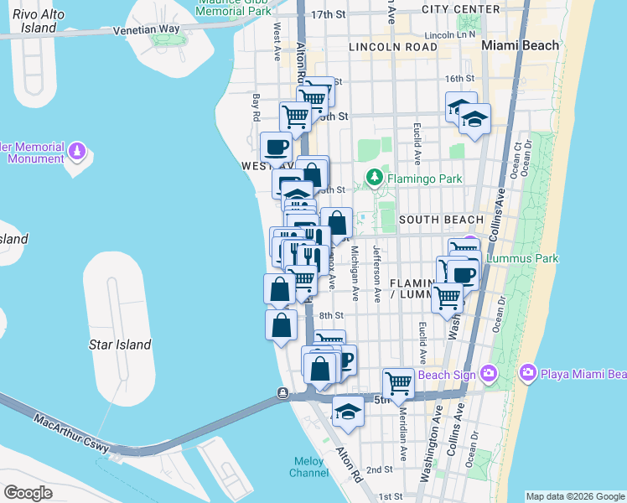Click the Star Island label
coord(120,345)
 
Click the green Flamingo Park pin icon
coord(372,178)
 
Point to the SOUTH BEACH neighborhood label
coord(441,220)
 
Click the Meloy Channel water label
coord(310,467)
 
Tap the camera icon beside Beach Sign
coord(488,373)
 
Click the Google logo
coord(28,492)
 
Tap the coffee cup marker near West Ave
coord(276,148)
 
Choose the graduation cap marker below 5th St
coord(348,412)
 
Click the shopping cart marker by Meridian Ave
coord(398,383)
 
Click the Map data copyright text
coord(574,496)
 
